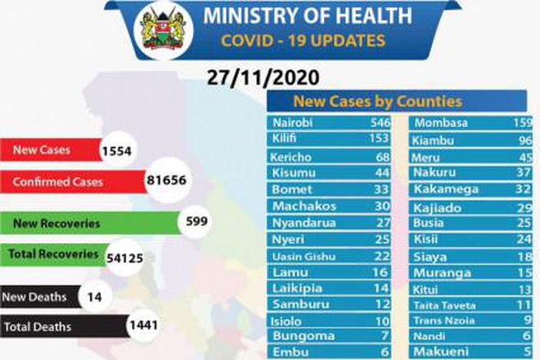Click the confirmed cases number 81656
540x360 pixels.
point(167,181)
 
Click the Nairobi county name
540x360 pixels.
point(293,123)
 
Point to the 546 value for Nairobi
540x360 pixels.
point(380,123)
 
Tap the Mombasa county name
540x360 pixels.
point(441,123)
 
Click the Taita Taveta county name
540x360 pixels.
point(444,304)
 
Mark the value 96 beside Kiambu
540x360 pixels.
point(525,140)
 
